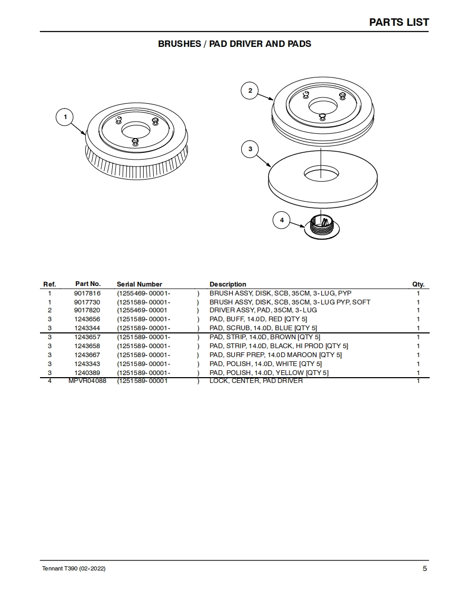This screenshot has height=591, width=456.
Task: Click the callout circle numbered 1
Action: pos(65,117)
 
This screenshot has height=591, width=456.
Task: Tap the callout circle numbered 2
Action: pos(250,91)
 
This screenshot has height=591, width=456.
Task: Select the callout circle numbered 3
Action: pos(250,149)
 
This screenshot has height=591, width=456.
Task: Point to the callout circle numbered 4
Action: pos(282,220)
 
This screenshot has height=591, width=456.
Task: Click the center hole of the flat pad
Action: pos(322,172)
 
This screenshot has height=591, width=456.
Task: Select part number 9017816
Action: pos(87,293)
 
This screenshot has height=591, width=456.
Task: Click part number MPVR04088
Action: pos(87,381)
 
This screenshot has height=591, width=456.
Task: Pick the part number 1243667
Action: pos(87,355)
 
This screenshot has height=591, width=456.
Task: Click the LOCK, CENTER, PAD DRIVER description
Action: pos(256,381)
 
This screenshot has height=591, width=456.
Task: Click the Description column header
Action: pos(227,284)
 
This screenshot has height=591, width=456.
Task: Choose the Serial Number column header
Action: pos(140,284)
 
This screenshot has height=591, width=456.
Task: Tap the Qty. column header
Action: pos(418,284)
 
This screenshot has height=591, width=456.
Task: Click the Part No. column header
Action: pos(88,284)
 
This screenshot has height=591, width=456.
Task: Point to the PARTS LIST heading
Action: pos(399,22)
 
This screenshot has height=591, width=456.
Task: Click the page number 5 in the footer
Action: pos(424,568)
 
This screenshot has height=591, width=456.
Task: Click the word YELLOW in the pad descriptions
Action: pos(290,373)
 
